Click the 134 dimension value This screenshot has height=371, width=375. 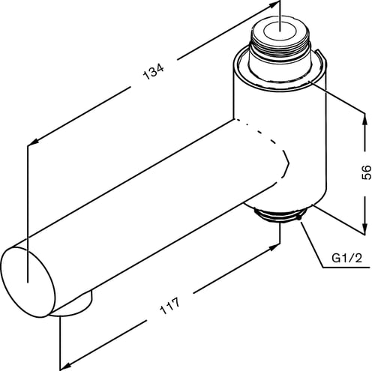tap(153, 72)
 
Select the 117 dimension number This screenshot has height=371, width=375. tap(169, 306)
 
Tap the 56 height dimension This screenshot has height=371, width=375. tap(367, 172)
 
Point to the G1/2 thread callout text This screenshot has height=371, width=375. tap(346, 258)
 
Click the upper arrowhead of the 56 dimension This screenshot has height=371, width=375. tap(365, 119)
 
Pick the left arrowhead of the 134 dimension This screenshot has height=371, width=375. tap(33, 142)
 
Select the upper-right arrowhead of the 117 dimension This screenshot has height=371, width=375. tap(274, 247)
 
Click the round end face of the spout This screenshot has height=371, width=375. tap(28, 282)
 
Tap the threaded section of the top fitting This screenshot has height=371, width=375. tap(280, 46)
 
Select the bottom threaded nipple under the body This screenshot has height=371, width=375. tap(279, 216)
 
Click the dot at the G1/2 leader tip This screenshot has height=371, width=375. tap(299, 217)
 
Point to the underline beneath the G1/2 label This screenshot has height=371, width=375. tap(346, 268)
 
